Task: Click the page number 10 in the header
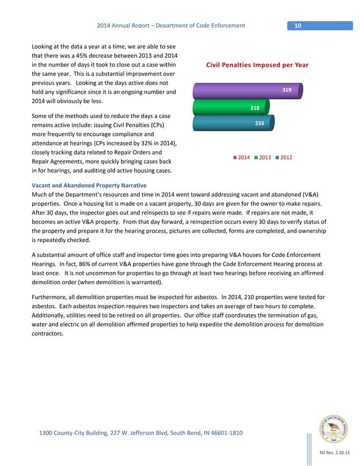click(297, 25)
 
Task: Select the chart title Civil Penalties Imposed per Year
click(257, 65)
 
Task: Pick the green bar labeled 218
click(231, 107)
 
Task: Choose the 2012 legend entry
click(283, 157)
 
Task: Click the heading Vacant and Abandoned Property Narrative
click(89, 186)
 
